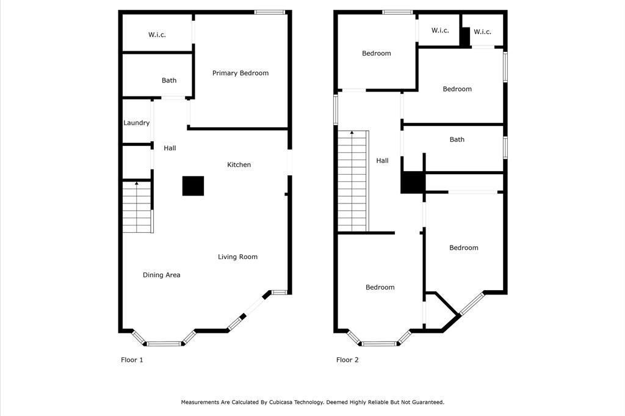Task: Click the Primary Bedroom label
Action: [240, 73]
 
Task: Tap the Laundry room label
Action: [136, 123]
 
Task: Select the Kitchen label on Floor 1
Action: [239, 165]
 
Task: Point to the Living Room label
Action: [237, 257]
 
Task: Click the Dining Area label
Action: [161, 275]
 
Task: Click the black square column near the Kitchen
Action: [193, 186]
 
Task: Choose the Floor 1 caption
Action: [132, 360]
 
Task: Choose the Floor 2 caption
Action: [347, 360]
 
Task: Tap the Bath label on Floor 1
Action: [169, 81]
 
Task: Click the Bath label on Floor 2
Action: [457, 140]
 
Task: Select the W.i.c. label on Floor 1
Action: [157, 35]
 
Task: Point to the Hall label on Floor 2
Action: [382, 161]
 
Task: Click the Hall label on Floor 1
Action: [170, 148]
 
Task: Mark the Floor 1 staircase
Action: [137, 207]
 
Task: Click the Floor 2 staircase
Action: [353, 181]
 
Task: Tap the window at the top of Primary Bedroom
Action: [270, 12]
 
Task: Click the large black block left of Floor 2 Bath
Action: [413, 182]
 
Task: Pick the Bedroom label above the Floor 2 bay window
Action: [380, 287]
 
